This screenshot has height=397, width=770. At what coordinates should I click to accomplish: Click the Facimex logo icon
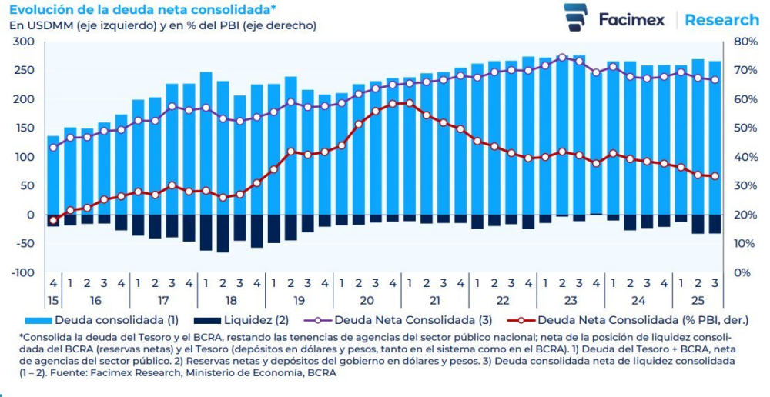pos(574,18)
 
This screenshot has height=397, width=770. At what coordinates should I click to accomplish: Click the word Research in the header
pos(721,19)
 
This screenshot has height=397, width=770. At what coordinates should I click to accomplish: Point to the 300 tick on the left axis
pos(25,42)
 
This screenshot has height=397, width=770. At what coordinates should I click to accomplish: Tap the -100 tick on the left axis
pos(23,272)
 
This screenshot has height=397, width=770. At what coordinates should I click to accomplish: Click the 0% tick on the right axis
pos(744,272)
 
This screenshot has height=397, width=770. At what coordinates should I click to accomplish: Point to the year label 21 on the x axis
pos(435,300)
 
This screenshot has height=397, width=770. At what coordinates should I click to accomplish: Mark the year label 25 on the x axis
pos(698,300)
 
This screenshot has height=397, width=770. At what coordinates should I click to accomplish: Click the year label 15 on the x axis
pos(53,300)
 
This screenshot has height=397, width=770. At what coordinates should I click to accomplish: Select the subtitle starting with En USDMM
pos(162,25)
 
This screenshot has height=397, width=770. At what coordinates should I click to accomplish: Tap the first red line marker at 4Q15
pos(53,221)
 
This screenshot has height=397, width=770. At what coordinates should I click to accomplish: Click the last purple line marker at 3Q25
pos(715,80)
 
